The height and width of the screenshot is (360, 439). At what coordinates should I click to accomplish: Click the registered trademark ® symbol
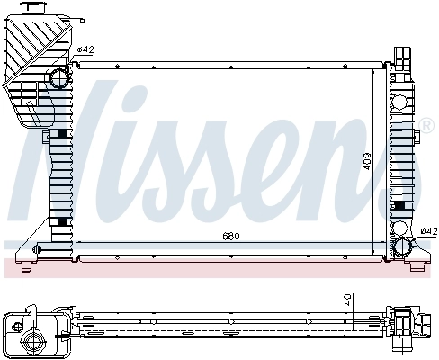pyautogui.click(x=419, y=122)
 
